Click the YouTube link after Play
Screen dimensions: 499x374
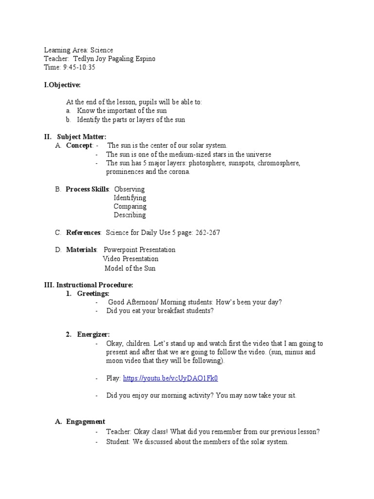pyautogui.click(x=170, y=378)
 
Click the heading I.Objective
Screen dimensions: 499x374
pyautogui.click(x=62, y=85)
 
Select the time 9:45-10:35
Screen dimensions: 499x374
pyautogui.click(x=79, y=68)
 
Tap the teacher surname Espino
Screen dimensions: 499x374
pyautogui.click(x=144, y=59)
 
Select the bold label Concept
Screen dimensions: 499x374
pyautogui.click(x=79, y=146)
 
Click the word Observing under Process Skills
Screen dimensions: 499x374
pyautogui.click(x=129, y=189)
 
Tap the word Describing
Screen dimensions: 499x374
pyautogui.click(x=130, y=215)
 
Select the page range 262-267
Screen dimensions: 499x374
pyautogui.click(x=208, y=232)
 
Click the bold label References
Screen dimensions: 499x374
pyautogui.click(x=83, y=232)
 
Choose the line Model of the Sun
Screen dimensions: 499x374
pyautogui.click(x=130, y=268)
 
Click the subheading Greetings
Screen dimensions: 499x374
pyautogui.click(x=93, y=293)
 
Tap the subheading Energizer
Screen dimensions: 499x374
pyautogui.click(x=93, y=334)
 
